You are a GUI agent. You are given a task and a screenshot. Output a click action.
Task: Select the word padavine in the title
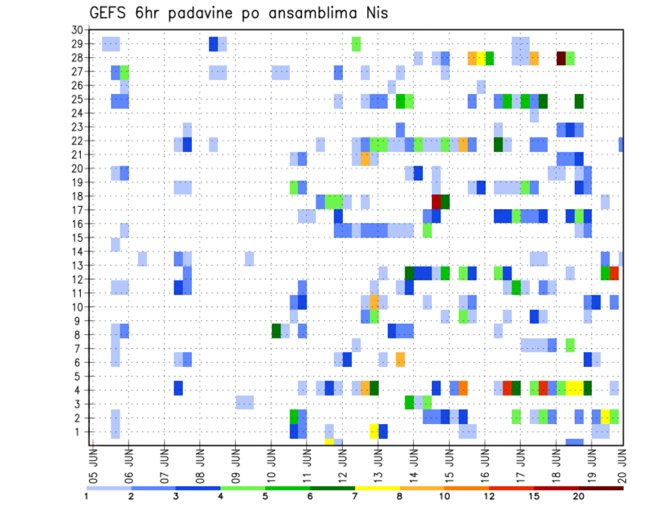pos(200,14)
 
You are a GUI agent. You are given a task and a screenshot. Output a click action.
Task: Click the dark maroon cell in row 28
pos(561,58)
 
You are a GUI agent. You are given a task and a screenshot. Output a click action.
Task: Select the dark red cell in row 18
pos(436,201)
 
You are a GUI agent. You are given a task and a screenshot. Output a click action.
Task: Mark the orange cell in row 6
pos(401,359)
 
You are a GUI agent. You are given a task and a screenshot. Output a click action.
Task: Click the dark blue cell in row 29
pos(214,44)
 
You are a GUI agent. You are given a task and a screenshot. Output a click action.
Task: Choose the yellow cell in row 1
pos(374,431)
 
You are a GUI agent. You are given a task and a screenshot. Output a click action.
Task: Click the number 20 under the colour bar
pos(578,496)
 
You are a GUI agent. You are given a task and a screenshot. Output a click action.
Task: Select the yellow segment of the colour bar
pos(377,487)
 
